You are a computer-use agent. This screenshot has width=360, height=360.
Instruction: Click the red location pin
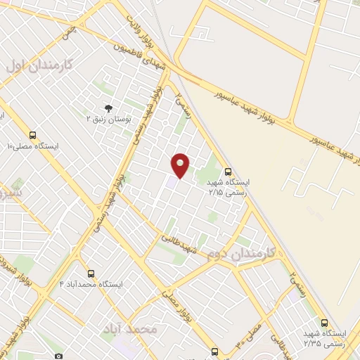tap(181, 165)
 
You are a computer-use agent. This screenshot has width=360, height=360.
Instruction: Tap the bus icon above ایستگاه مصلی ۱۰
tap(32, 135)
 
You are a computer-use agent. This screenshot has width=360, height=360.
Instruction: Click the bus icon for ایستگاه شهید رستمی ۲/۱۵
tap(228, 171)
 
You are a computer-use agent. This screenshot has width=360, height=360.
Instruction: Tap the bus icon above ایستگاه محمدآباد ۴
tap(91, 274)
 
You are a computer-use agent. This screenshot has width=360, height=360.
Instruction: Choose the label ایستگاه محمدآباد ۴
tap(91, 285)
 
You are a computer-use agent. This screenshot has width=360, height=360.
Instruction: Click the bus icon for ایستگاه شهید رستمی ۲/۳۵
tap(323, 321)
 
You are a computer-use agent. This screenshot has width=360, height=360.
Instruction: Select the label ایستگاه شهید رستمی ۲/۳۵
tap(324, 337)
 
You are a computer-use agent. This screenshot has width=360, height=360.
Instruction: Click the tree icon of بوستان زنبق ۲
tap(108, 108)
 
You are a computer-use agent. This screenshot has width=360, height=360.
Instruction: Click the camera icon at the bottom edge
tap(58, 356)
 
